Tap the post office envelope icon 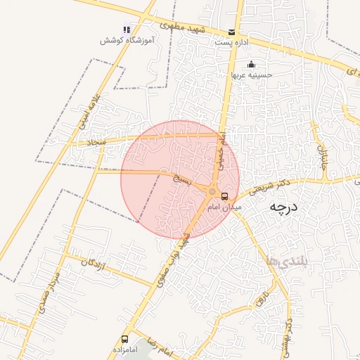[x=232, y=32]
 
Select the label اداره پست [x=232, y=43]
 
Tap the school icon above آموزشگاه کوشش [x=127, y=30]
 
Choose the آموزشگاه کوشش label [x=127, y=41]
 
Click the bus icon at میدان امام [x=225, y=196]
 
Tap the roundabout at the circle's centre [x=212, y=191]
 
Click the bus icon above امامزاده [x=125, y=339]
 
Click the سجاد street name [x=96, y=142]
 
